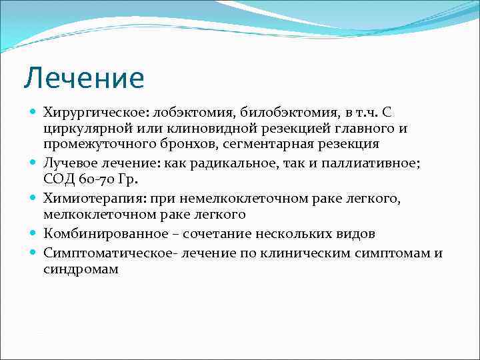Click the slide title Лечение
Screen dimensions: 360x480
tap(83, 78)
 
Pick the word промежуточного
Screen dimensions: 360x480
tap(94, 143)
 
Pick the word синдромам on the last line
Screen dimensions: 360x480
tap(80, 270)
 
